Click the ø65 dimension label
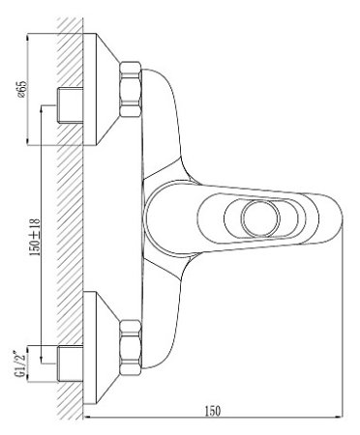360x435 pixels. pos(22,90)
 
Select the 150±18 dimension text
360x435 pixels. pos(35,237)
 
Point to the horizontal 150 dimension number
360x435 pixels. pos(213,411)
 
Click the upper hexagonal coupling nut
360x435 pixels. pos(131,89)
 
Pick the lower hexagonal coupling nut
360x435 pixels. pos(131,347)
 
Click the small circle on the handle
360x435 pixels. pos(261,217)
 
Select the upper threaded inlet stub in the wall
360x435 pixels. pos(70,104)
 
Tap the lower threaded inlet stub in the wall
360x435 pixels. pos(70,363)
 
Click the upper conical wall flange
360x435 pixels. pos(101,89)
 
